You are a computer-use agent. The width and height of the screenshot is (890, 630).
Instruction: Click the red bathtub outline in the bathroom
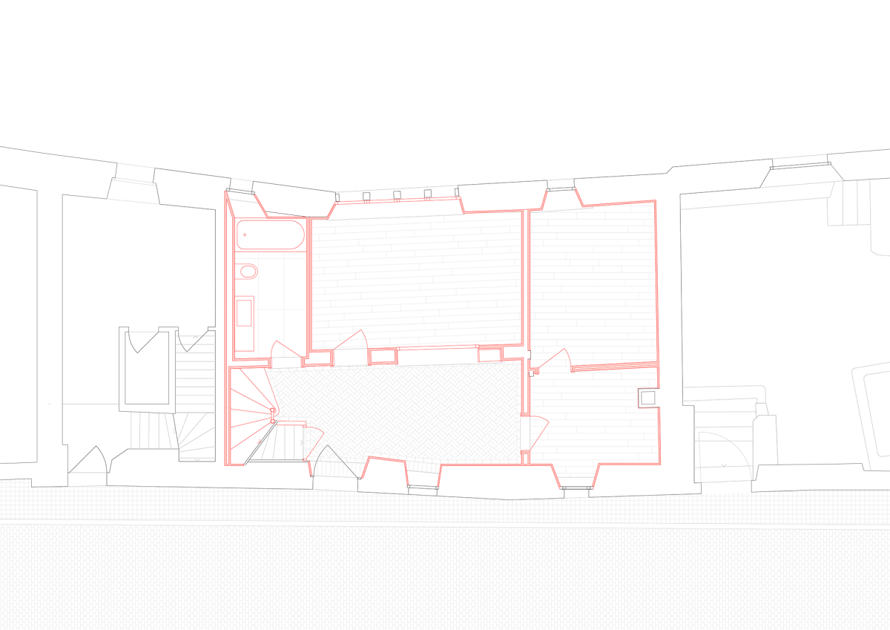(270, 234)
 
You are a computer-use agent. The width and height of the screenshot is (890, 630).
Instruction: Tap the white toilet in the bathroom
(246, 272)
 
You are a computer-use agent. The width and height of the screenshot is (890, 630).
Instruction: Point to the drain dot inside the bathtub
(245, 235)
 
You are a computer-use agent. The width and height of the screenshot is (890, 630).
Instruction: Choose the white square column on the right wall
(648, 398)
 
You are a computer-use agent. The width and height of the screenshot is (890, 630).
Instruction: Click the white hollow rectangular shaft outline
(148, 369)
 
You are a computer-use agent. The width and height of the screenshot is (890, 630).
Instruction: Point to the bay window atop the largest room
(397, 202)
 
